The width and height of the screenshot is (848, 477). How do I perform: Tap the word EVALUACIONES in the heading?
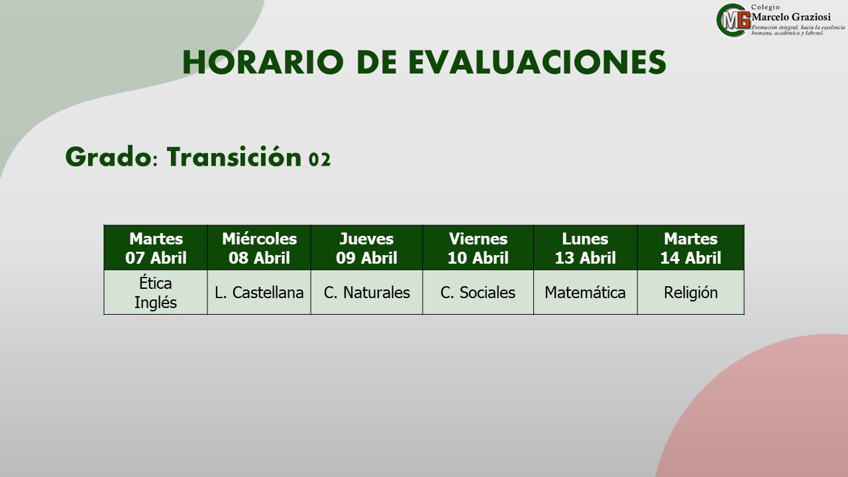(537, 62)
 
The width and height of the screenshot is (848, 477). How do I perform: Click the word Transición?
(234, 157)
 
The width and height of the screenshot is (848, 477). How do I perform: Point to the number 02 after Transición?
(320, 160)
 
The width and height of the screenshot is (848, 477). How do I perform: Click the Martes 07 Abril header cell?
(156, 248)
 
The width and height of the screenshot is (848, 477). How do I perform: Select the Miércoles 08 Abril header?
(259, 248)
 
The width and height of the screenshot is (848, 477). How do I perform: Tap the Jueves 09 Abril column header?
(366, 248)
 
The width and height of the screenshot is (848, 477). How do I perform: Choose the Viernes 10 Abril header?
(478, 248)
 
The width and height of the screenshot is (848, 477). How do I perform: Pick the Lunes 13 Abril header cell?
(585, 248)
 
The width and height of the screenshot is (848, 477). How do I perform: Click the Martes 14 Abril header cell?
(691, 248)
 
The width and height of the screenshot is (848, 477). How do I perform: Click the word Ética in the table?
(156, 283)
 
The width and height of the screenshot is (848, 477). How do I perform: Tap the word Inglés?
(156, 303)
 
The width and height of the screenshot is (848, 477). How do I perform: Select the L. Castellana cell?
(259, 292)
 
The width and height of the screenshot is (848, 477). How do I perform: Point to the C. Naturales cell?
(366, 292)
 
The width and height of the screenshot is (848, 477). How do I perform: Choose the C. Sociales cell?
(478, 292)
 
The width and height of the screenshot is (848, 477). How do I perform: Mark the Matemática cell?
(585, 292)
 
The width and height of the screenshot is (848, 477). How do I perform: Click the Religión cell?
(691, 292)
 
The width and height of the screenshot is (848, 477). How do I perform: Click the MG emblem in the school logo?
(733, 21)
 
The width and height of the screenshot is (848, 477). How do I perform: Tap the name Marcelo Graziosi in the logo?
(791, 17)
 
